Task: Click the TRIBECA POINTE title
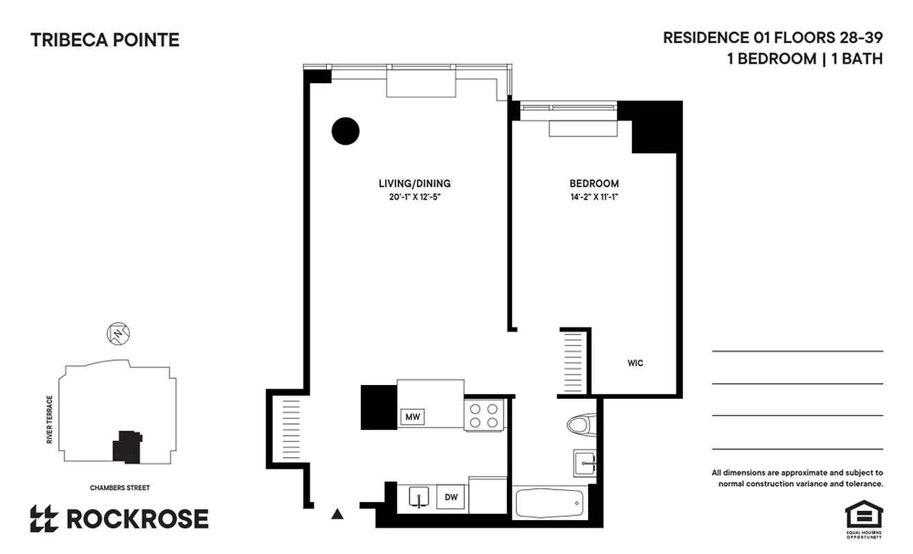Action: click(105, 40)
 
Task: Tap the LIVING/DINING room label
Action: click(414, 184)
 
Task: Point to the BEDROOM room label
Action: click(594, 184)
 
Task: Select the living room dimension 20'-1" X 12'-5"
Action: click(414, 197)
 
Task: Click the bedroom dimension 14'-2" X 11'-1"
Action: click(594, 197)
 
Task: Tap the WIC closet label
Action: click(635, 363)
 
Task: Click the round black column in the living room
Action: click(345, 131)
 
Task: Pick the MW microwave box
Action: click(413, 417)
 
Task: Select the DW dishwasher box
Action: click(451, 497)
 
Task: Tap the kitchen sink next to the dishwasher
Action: click(417, 497)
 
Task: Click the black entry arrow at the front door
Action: click(337, 514)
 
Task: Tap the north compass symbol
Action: click(118, 334)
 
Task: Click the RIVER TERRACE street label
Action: click(50, 420)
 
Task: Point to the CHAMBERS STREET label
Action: click(120, 488)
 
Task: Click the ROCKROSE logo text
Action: click(136, 519)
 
